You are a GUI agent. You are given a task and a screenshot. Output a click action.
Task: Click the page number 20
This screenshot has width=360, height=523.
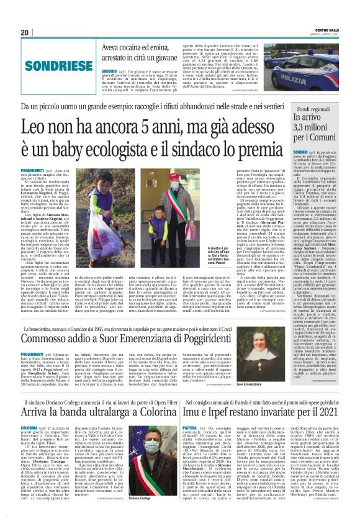pyautogui.click(x=24, y=32)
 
